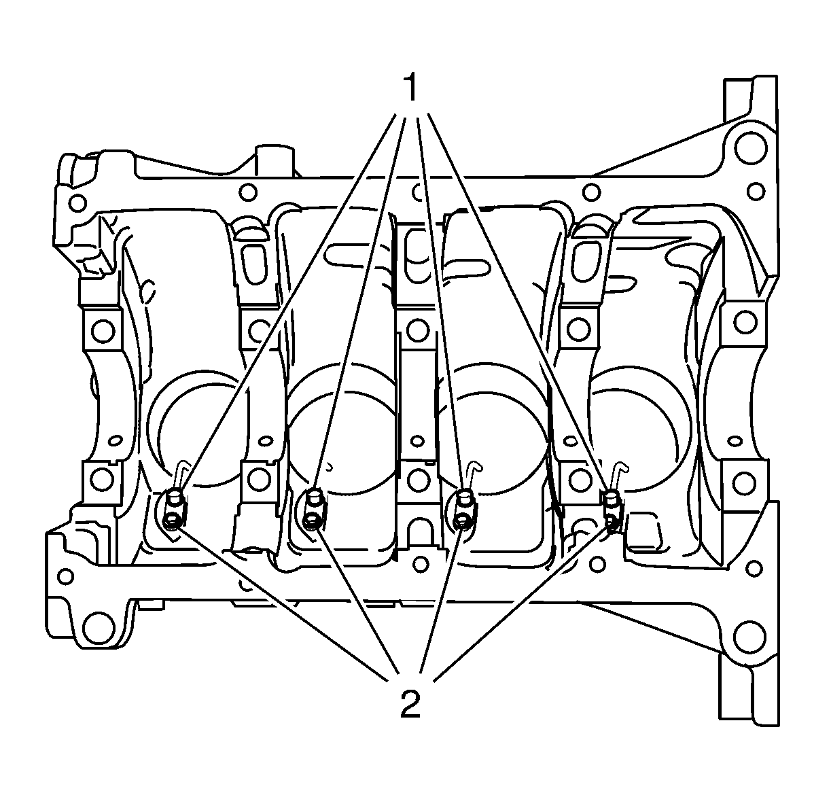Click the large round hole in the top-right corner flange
tap(750, 148)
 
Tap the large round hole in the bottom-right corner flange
tap(749, 637)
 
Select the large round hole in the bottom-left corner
tap(99, 628)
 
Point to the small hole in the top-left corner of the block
tap(77, 203)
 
